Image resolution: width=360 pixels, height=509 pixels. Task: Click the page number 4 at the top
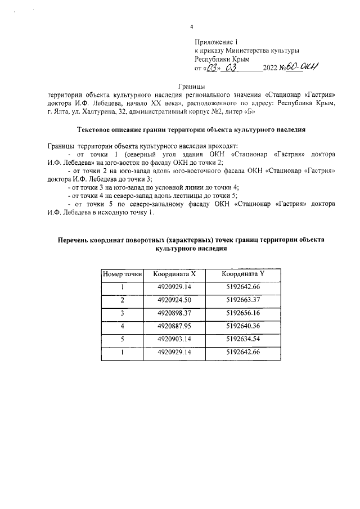[x=191, y=26]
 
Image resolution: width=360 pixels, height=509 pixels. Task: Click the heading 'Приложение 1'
[x=217, y=42]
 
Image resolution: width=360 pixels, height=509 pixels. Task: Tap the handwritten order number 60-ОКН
[x=302, y=67]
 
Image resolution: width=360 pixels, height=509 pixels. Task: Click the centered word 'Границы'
[x=191, y=85]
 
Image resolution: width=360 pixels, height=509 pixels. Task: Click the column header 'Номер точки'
[x=121, y=274]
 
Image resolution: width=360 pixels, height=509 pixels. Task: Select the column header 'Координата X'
[x=174, y=274]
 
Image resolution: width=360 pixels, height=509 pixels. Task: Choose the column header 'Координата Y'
[x=242, y=274]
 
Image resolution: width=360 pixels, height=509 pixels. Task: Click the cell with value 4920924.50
[x=174, y=300]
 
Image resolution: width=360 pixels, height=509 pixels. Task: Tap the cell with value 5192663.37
[x=242, y=300]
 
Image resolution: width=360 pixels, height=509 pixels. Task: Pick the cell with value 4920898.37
[x=174, y=313]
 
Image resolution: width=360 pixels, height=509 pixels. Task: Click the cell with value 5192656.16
[x=242, y=313]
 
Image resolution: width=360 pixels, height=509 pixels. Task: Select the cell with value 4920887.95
[x=174, y=326]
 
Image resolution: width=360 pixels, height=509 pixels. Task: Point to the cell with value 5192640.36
[x=242, y=326]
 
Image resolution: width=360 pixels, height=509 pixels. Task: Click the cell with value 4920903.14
[x=174, y=339]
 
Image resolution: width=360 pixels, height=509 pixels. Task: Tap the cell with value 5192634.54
[x=242, y=339]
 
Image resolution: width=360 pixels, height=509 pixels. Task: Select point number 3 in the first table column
[x=121, y=313]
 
